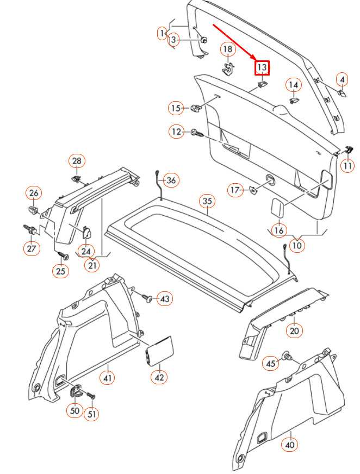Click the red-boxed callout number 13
(x=262, y=68)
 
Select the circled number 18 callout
(x=228, y=49)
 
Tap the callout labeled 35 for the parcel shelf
(x=207, y=201)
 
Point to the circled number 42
(x=159, y=377)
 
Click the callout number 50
(x=75, y=410)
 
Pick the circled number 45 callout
(x=270, y=363)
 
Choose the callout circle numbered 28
(x=77, y=161)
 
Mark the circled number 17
(x=235, y=190)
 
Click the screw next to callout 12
(x=197, y=133)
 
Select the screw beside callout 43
(x=147, y=298)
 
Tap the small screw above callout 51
(x=90, y=395)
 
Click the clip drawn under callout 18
(x=227, y=70)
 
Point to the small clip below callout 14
(x=294, y=101)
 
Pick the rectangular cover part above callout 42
(x=159, y=351)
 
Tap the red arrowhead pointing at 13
(x=253, y=58)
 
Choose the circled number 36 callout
(x=171, y=180)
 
